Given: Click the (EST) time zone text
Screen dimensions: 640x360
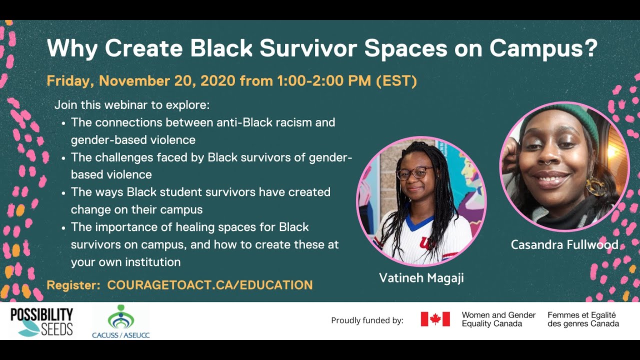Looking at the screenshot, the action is [396, 81].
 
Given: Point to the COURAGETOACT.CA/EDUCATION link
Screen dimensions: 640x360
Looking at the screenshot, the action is [210, 285].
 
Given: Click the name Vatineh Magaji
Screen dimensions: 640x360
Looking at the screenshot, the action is [421, 277].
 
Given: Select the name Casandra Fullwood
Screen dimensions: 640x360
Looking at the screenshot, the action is [564, 245].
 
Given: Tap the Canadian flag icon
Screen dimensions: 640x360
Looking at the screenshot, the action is [435, 319].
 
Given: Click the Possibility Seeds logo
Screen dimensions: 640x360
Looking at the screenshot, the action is [41, 322].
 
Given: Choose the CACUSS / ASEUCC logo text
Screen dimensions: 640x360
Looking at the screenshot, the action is [121, 335].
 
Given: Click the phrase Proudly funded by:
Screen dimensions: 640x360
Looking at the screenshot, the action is [367, 320].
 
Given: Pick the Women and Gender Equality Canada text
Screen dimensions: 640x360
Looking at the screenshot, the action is [498, 319].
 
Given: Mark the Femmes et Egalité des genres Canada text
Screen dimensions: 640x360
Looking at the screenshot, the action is [583, 319].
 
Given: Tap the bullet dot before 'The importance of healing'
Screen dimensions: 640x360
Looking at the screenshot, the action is [63, 228].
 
